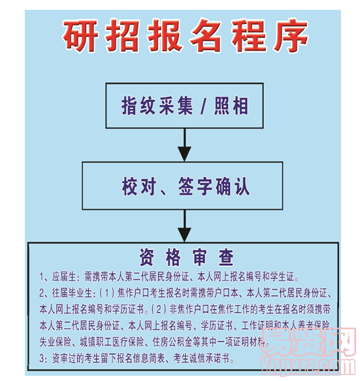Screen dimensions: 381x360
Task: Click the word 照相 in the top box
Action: click(x=232, y=106)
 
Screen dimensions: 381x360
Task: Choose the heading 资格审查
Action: click(x=186, y=256)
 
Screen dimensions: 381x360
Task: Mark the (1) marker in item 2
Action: click(x=108, y=291)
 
